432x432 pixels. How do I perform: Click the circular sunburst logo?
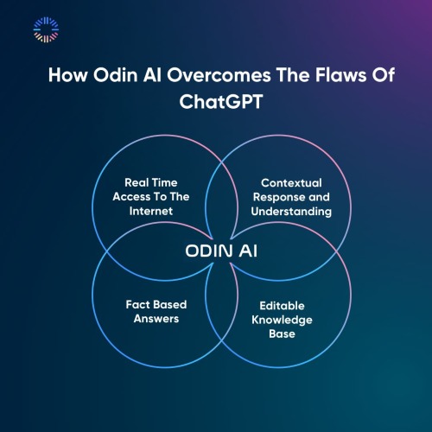pyautogui.click(x=46, y=29)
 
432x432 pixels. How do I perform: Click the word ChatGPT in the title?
pyautogui.click(x=221, y=102)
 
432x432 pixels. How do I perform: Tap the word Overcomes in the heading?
pyautogui.click(x=219, y=75)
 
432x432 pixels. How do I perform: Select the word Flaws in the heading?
pyautogui.click(x=340, y=75)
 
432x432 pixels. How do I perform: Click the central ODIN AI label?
pyautogui.click(x=221, y=251)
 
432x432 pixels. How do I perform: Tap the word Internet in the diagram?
pyautogui.click(x=151, y=211)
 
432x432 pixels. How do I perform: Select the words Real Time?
pyautogui.click(x=151, y=182)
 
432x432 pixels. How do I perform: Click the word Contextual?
pyautogui.click(x=291, y=183)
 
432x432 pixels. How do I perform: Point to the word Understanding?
pyautogui.click(x=291, y=212)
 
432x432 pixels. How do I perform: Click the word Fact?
pyautogui.click(x=137, y=304)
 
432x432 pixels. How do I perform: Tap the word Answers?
pyautogui.click(x=156, y=319)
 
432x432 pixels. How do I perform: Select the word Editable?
pyautogui.click(x=282, y=306)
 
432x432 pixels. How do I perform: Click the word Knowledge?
pyautogui.click(x=282, y=320)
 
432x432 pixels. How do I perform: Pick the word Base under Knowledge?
pyautogui.click(x=282, y=334)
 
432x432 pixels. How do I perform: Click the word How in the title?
pyautogui.click(x=67, y=75)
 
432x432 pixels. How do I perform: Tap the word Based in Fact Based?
pyautogui.click(x=168, y=304)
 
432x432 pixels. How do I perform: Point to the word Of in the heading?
pyautogui.click(x=383, y=75)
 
